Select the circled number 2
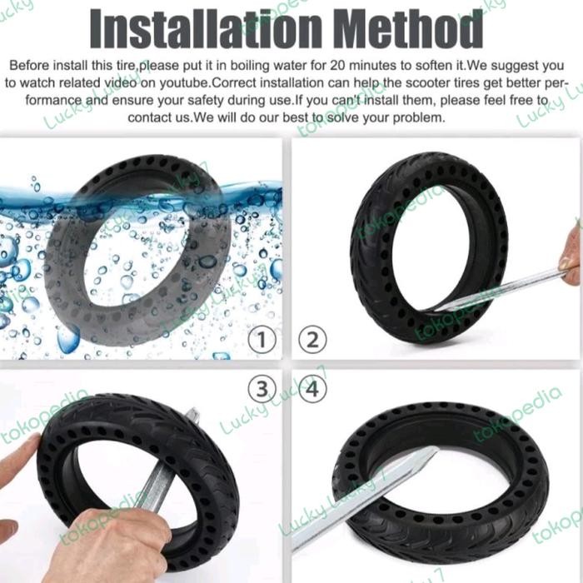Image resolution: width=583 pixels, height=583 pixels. [311, 339]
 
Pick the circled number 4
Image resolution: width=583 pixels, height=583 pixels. [311, 388]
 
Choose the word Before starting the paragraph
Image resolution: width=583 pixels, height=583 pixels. [32, 64]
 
